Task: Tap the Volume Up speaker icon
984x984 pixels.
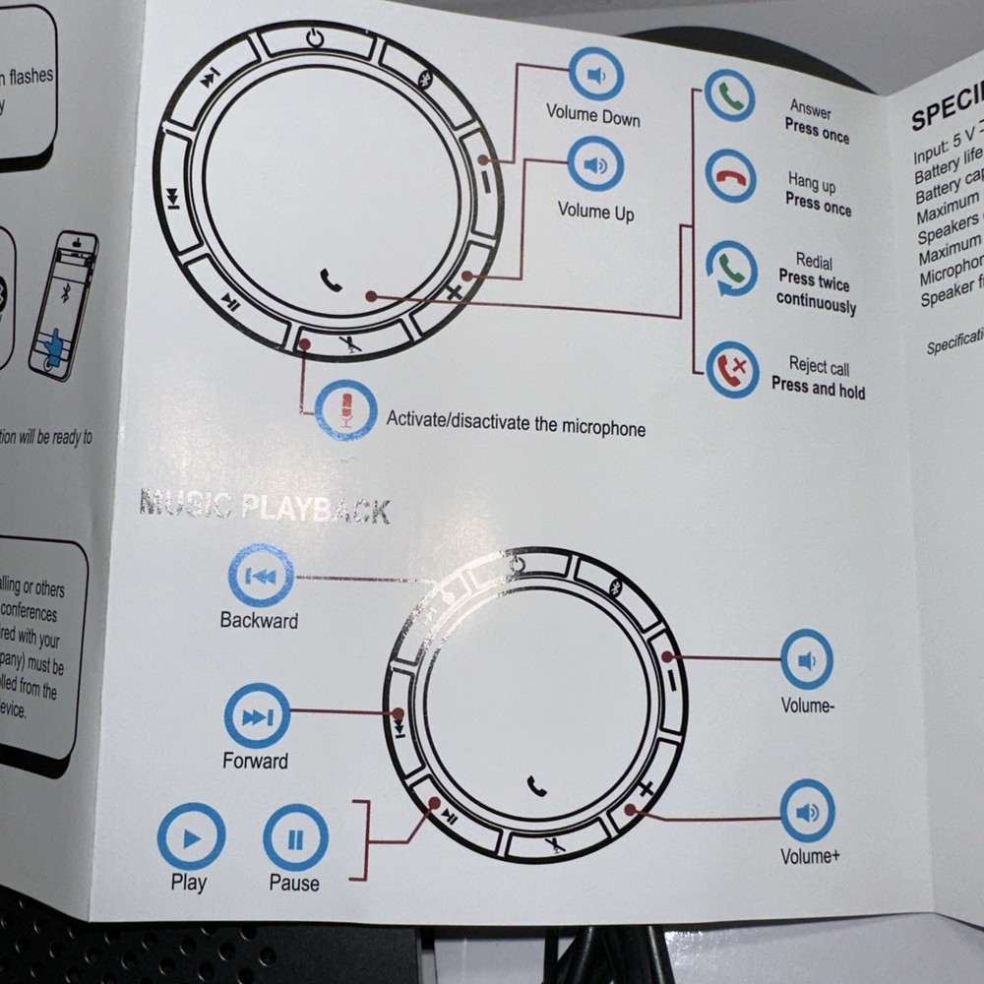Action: tap(595, 164)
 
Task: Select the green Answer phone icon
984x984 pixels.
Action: tap(730, 96)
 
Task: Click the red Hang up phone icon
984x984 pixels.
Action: tap(730, 177)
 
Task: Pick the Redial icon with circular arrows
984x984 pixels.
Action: tap(731, 268)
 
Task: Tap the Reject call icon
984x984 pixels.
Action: tap(732, 369)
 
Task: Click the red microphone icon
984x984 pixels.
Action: tap(345, 409)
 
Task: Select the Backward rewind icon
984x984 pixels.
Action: tap(261, 576)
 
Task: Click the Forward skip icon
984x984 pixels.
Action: tap(257, 715)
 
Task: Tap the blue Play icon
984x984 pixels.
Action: tap(191, 836)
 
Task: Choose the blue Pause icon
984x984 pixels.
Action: tap(295, 837)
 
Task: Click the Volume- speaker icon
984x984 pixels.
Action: tap(807, 659)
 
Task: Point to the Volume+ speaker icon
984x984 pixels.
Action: tap(807, 811)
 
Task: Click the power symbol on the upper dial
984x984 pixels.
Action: tap(314, 38)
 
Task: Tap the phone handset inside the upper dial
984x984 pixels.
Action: tap(332, 280)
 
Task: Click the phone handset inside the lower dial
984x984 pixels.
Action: tap(536, 784)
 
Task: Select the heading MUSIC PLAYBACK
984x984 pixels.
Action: tap(265, 507)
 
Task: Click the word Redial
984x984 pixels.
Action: tap(814, 263)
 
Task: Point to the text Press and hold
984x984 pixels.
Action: tap(818, 390)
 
